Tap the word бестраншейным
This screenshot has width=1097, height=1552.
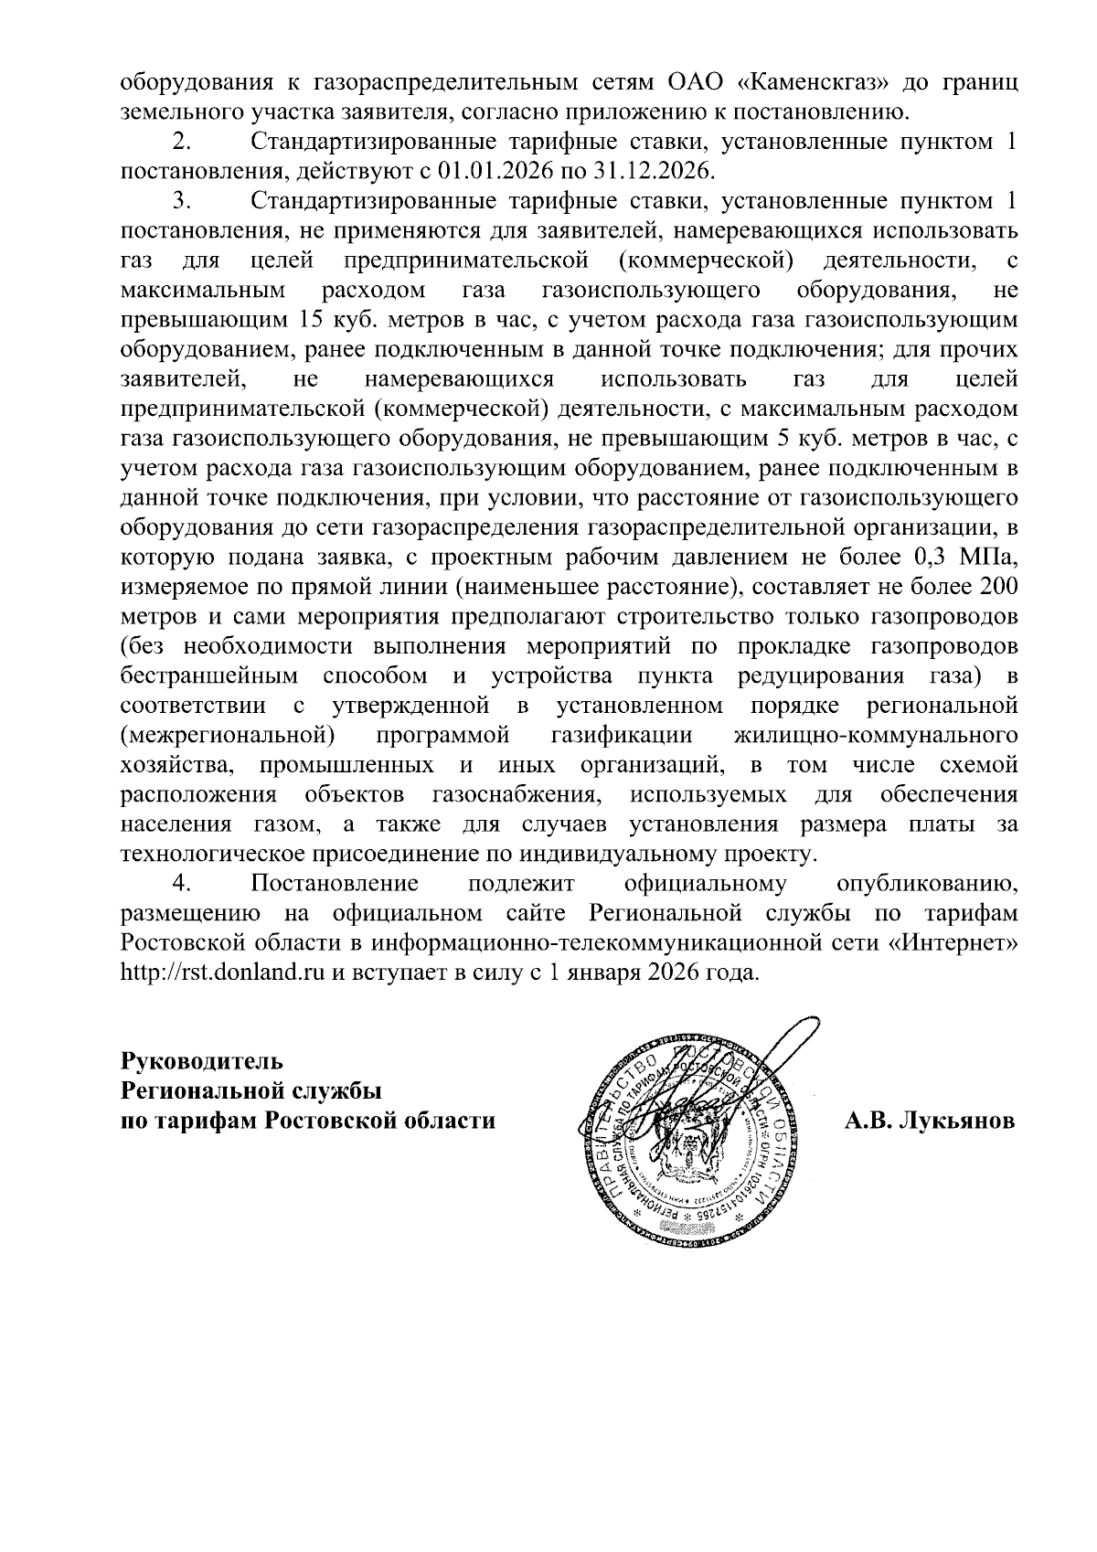point(209,676)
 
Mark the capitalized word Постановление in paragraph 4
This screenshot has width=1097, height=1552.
point(335,884)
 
